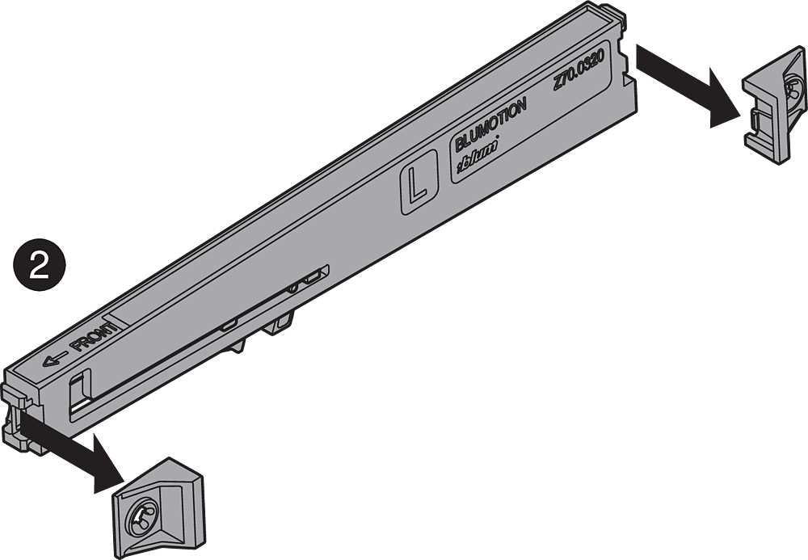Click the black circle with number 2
(x=39, y=265)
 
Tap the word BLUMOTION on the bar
(x=490, y=124)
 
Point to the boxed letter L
(x=419, y=183)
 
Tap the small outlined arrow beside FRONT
(x=55, y=358)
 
